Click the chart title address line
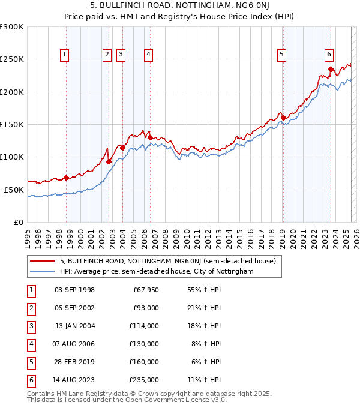[x=179, y=6]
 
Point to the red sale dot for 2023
[x=331, y=69]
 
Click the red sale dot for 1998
[x=66, y=178]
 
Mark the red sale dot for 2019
[x=283, y=118]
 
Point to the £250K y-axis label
[x=12, y=59]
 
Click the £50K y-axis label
[x=14, y=190]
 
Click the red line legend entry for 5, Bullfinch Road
[x=167, y=261]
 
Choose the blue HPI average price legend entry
[x=157, y=271]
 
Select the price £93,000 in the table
[x=146, y=308]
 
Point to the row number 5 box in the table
[x=29, y=362]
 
